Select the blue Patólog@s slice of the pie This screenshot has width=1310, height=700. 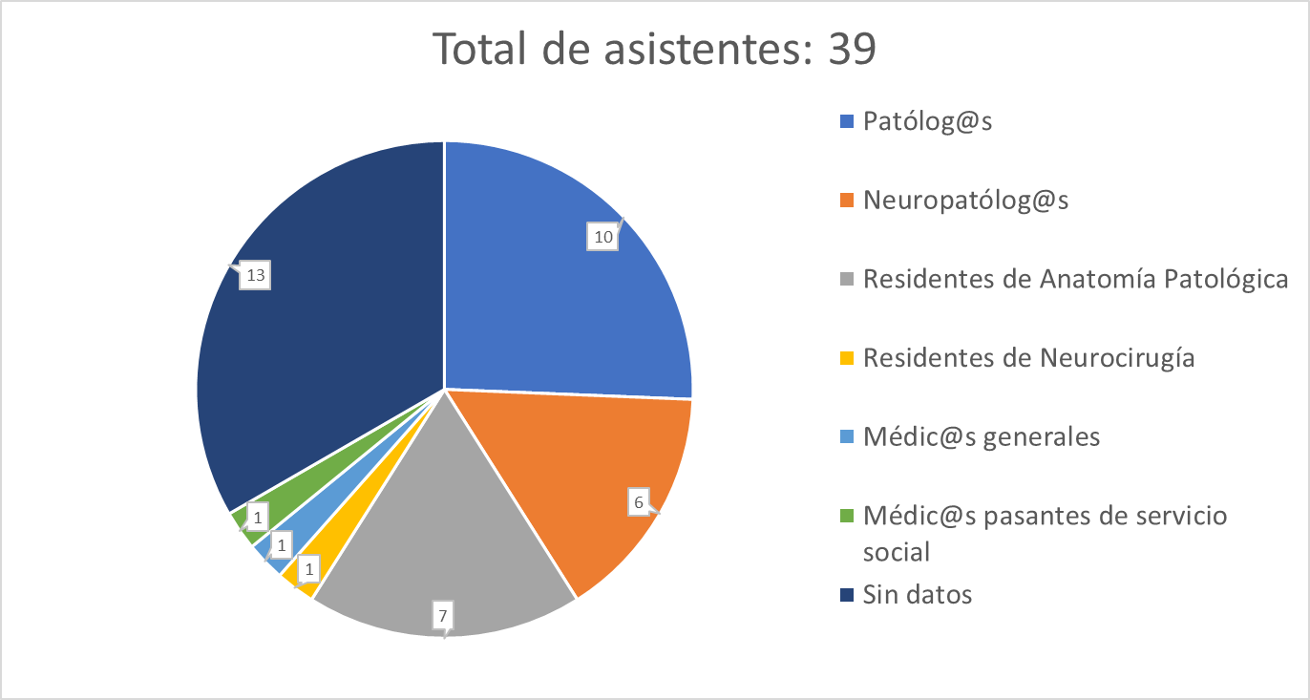(554, 286)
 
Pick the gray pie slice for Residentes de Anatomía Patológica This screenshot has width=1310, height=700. (449, 535)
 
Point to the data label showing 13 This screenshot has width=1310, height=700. (255, 275)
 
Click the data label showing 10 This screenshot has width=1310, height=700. (602, 237)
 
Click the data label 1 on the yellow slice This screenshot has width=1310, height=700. (308, 569)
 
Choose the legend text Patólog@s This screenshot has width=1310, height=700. (927, 121)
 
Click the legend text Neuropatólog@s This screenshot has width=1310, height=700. (965, 200)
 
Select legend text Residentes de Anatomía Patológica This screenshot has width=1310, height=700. (1075, 279)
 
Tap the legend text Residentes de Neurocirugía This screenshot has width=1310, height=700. (1028, 357)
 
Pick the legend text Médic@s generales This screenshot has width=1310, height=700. (981, 436)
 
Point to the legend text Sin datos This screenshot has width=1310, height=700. (917, 594)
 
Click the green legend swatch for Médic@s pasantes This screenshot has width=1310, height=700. (846, 516)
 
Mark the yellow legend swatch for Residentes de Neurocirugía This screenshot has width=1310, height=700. (846, 358)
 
